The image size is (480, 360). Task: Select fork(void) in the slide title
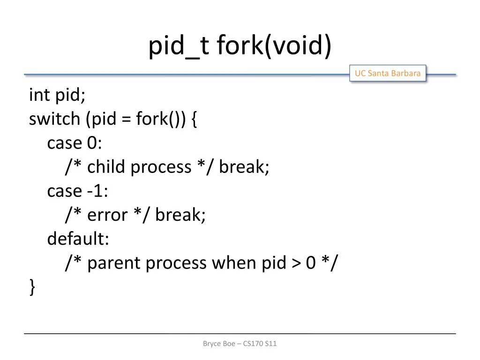point(274,47)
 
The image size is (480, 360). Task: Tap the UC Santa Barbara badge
point(387,73)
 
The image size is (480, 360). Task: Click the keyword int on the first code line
point(39,95)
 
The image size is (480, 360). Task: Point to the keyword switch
point(54,119)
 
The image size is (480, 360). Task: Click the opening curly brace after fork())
point(194,120)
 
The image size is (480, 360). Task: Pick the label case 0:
point(75,143)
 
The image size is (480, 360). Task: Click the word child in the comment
point(107,167)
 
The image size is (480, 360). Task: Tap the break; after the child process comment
point(244,167)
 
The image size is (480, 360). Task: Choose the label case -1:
point(77,191)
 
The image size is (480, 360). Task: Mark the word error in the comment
point(107,215)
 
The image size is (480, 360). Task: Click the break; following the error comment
point(180,215)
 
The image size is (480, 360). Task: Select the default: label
point(78,239)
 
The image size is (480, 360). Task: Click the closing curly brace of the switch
point(32,287)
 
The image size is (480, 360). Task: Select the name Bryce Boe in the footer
point(219,344)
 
